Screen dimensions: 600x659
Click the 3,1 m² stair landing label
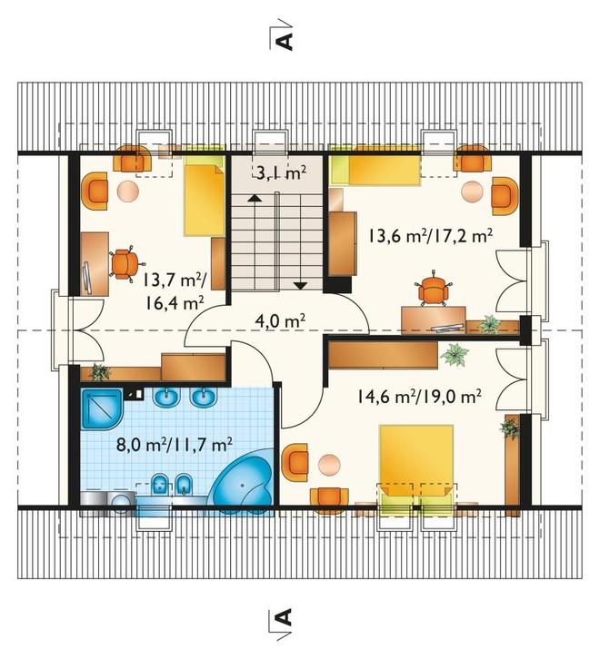pos(281,172)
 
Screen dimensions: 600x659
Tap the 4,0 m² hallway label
pos(280,321)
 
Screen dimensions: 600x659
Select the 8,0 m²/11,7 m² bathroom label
pos(175,445)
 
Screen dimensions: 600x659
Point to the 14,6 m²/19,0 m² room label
pos(420,396)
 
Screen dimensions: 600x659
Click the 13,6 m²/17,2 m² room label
pos(431,236)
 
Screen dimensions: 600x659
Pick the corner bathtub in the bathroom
pos(243,482)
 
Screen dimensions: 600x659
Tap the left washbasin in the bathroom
pos(166,398)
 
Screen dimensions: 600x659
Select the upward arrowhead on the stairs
pos(253,199)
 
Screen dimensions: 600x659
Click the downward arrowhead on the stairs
pos(300,286)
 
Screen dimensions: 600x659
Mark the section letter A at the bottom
pos(285,617)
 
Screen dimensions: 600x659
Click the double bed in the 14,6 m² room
pos(416,467)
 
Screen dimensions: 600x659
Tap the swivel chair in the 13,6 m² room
pos(435,289)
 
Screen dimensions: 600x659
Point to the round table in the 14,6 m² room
pos(329,465)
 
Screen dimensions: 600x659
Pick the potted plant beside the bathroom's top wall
pos(99,372)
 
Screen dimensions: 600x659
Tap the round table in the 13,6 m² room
pos(472,192)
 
